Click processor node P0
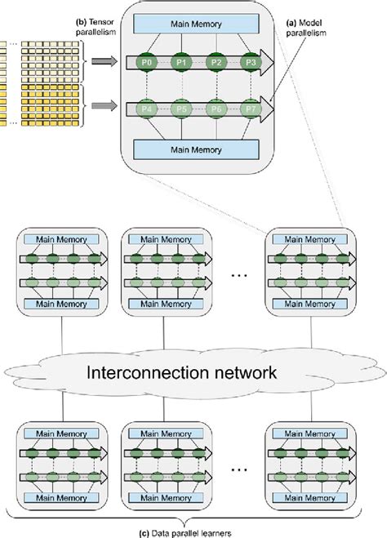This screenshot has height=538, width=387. pyautogui.click(x=146, y=61)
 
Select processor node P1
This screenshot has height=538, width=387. pyautogui.click(x=180, y=61)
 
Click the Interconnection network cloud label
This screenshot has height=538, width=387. pyautogui.click(x=192, y=372)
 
